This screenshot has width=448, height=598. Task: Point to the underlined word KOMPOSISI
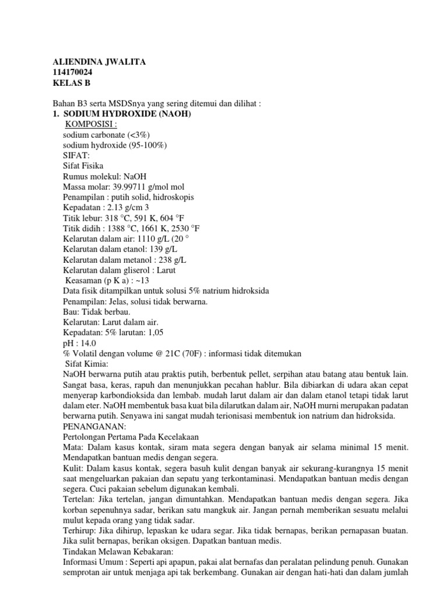click(x=90, y=124)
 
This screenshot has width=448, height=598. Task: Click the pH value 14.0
click(x=88, y=343)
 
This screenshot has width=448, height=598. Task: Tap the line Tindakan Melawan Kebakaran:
click(x=117, y=551)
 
